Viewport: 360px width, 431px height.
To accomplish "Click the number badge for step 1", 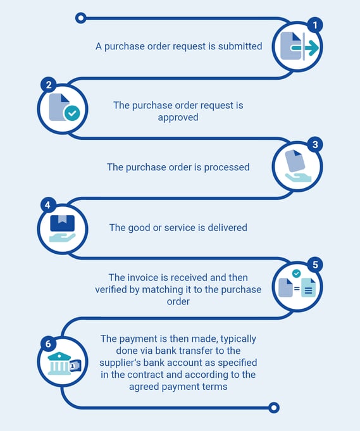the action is (315, 25).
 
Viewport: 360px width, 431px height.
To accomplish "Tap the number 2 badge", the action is (49, 85).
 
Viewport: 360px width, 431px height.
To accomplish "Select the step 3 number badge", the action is (315, 144).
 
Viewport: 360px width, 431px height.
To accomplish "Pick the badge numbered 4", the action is (48, 205).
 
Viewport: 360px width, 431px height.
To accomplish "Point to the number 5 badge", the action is (315, 265).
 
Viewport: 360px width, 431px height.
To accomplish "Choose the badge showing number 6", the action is (48, 344).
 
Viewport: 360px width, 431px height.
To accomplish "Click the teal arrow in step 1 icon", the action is (305, 48).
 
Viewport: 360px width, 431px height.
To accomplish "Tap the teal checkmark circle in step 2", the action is (72, 113).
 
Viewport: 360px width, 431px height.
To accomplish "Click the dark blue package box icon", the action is (63, 223).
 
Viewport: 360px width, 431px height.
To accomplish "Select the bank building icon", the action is (59, 363).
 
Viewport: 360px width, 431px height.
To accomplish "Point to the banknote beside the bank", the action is (75, 366).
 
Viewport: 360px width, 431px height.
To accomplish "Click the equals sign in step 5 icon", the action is (297, 289).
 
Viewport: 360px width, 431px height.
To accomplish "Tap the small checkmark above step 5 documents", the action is (296, 273).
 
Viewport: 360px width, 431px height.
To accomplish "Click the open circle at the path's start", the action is (80, 18).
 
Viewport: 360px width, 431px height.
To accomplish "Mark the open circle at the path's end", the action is (274, 408).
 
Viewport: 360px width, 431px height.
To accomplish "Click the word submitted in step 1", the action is (240, 46).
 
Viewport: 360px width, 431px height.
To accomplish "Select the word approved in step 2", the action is (178, 118).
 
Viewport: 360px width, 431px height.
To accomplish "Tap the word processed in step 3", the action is (227, 167).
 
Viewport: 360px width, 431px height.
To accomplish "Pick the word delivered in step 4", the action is (227, 228).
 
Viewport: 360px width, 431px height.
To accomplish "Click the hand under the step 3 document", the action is (298, 178).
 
